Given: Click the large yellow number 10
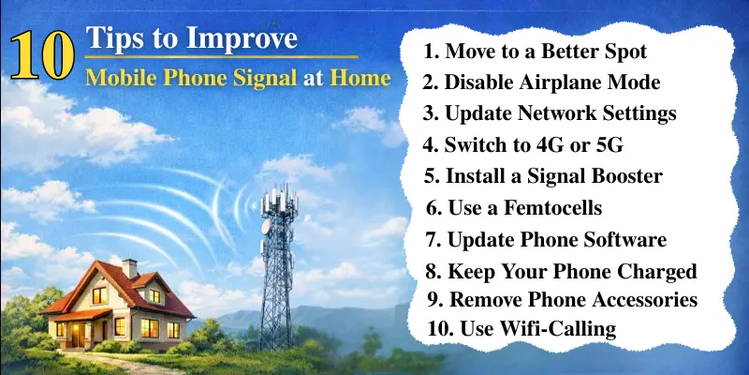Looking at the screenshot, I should pyautogui.click(x=43, y=58).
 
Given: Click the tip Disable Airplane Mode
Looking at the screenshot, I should pyautogui.click(x=541, y=82).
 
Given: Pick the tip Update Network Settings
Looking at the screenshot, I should pyautogui.click(x=549, y=113).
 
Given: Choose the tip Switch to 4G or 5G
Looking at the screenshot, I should pyautogui.click(x=522, y=145).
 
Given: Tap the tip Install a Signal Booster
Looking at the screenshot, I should pyautogui.click(x=542, y=176).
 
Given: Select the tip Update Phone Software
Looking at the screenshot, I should pyautogui.click(x=547, y=240).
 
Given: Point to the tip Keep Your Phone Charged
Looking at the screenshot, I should pyautogui.click(x=560, y=272).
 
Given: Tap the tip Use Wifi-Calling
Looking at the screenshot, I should pyautogui.click(x=521, y=328).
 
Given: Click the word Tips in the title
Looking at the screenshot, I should pyautogui.click(x=112, y=39).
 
